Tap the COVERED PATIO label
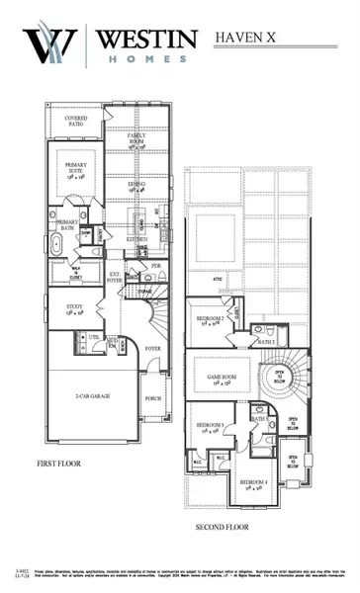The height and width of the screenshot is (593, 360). coord(78,122)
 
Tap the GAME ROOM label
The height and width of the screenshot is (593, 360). coord(221,381)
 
